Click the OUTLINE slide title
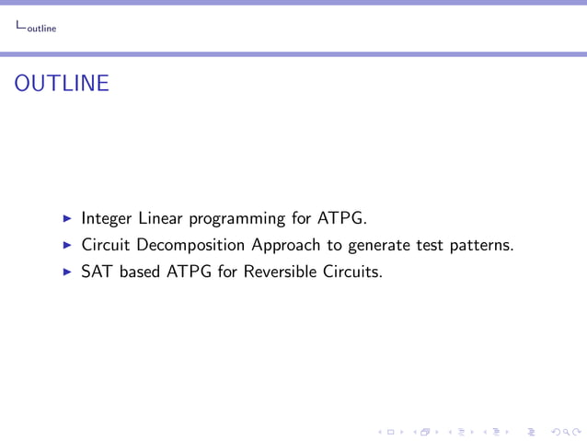[63, 84]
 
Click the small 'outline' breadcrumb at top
[40, 29]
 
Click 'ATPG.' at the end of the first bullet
[341, 219]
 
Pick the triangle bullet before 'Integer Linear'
[67, 219]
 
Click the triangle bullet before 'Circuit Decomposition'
[67, 246]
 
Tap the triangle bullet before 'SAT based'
[67, 273]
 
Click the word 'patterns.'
[481, 246]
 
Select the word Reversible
[279, 273]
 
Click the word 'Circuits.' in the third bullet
[350, 273]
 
